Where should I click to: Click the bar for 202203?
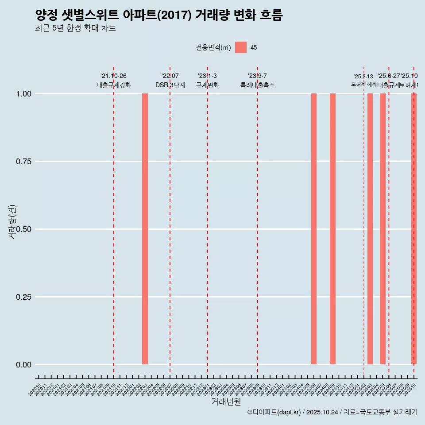[145, 229]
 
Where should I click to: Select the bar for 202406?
[314, 229]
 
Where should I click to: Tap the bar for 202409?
[332, 229]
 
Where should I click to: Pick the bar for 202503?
[370, 229]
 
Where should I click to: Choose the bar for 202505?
[382, 229]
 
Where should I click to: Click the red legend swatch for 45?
[240, 47]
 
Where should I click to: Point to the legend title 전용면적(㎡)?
[213, 47]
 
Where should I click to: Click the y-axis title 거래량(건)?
[12, 222]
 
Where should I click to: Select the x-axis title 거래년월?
[226, 402]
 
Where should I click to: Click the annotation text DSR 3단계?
[170, 85]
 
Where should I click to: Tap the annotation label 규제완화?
[208, 85]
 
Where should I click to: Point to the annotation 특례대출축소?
[258, 85]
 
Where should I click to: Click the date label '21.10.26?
[113, 76]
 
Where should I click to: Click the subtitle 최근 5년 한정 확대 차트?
[75, 28]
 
